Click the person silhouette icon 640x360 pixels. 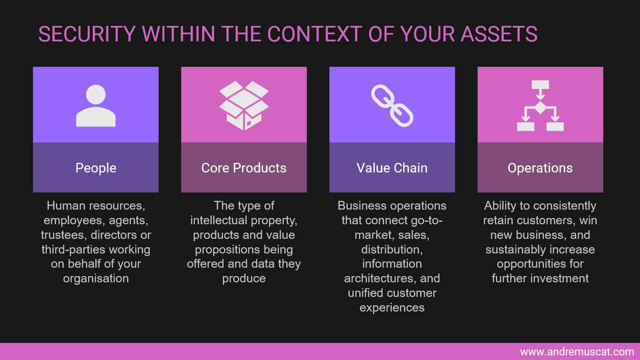click(96, 106)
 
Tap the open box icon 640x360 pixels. click(244, 106)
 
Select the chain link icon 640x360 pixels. click(392, 106)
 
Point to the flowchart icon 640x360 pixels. click(540, 106)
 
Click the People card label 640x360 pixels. click(96, 168)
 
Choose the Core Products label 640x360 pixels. click(244, 168)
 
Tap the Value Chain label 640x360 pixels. click(392, 168)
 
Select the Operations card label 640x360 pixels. click(540, 168)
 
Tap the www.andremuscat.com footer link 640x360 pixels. click(577, 352)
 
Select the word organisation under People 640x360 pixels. click(96, 279)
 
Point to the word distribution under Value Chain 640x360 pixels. click(392, 249)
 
